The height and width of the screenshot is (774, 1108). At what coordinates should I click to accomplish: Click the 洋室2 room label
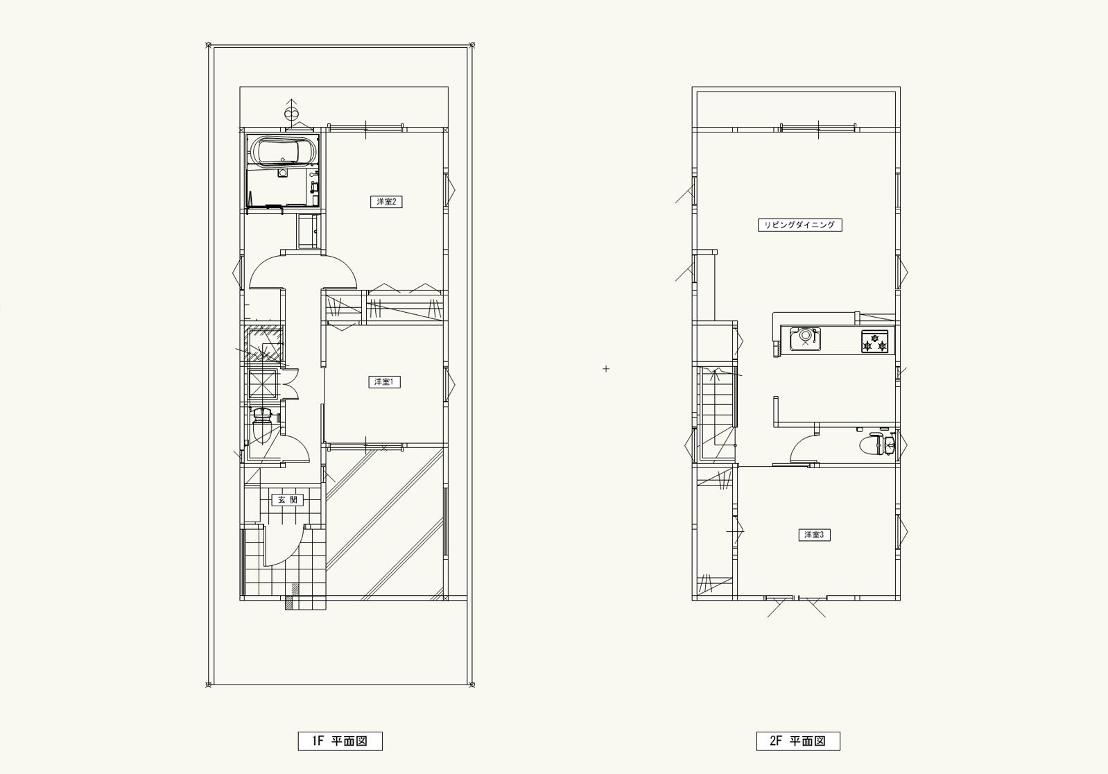click(386, 201)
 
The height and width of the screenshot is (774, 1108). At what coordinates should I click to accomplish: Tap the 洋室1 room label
click(384, 382)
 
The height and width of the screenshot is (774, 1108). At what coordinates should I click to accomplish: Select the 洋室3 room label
click(814, 535)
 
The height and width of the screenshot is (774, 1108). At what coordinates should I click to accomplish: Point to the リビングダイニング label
click(800, 225)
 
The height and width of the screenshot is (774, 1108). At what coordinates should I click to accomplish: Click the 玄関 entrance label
click(287, 500)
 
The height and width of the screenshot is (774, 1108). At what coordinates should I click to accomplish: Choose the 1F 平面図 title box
click(340, 741)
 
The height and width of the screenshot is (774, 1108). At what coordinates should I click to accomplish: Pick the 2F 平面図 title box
click(798, 741)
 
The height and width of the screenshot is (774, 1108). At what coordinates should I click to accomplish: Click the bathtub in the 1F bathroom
click(282, 150)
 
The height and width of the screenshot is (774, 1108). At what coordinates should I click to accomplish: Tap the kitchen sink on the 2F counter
click(806, 338)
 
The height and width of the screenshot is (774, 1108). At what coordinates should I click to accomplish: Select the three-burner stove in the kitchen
click(875, 341)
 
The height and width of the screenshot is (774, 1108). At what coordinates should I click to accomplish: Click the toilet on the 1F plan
click(261, 426)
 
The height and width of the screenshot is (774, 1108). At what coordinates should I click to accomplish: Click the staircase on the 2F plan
click(716, 413)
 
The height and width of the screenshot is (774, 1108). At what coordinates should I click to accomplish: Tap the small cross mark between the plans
click(606, 369)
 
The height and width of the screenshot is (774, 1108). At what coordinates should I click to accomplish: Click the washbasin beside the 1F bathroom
click(308, 231)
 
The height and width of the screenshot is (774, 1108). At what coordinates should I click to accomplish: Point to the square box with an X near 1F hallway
click(262, 384)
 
